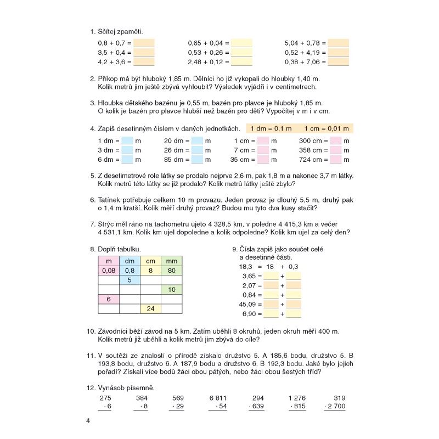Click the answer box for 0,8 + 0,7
[144, 43]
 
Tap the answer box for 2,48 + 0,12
[241, 63]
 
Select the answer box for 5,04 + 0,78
[338, 43]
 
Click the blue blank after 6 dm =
[127, 160]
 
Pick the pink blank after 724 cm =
[336, 160]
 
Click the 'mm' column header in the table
[171, 261]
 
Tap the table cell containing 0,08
[108, 271]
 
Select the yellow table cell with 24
[150, 309]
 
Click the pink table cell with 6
[108, 299]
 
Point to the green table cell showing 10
[171, 290]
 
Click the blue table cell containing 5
[130, 280]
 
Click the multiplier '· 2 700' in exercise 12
[334, 406]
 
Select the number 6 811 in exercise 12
[217, 398]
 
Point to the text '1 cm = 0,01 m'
[326, 128]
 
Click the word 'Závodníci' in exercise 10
[116, 331]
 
